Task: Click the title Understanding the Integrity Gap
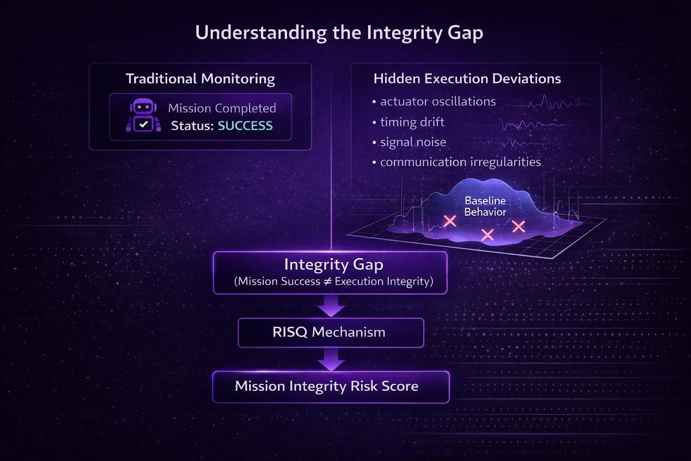[339, 33]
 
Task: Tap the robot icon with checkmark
[143, 116]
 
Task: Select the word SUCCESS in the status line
[246, 126]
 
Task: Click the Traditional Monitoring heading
[200, 79]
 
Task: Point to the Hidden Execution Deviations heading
[467, 79]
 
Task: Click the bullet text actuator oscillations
[438, 102]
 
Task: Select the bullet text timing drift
[412, 122]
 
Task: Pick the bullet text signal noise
[413, 142]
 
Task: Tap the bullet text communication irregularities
[460, 162]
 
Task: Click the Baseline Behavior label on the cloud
[485, 206]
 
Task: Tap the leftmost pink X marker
[450, 221]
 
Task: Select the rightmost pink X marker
[518, 226]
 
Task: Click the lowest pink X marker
[487, 235]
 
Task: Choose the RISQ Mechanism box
[330, 332]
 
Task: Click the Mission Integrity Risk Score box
[330, 386]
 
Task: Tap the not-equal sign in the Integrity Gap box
[327, 282]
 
